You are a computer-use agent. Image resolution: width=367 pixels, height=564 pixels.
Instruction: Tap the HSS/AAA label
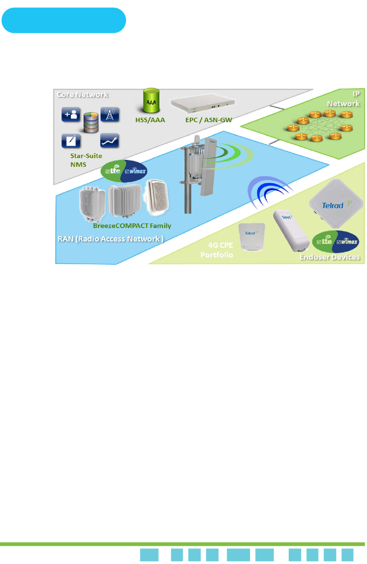[150, 120]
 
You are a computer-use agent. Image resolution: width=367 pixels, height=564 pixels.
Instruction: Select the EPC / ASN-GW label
[209, 120]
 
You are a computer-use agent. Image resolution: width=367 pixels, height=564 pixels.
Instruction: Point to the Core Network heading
[82, 94]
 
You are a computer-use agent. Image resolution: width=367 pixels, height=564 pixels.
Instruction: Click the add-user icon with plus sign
[71, 114]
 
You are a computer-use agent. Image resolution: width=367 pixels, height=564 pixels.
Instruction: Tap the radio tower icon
[110, 114]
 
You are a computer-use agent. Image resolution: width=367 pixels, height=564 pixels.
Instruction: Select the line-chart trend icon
[110, 141]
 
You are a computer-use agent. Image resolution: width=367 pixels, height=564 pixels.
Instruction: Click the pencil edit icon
[71, 141]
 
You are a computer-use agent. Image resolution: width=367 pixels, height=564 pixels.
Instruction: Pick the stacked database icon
[91, 122]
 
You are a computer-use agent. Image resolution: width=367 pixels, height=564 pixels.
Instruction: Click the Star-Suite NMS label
[86, 160]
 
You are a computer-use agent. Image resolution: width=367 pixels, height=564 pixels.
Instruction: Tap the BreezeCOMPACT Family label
[132, 226]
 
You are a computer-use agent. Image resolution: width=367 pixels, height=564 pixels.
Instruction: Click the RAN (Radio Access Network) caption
[110, 239]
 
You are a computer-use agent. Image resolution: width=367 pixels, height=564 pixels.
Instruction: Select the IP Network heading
[344, 99]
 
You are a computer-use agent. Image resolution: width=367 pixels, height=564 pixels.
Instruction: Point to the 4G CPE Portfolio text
[217, 250]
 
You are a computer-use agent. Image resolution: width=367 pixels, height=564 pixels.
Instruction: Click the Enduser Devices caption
[329, 257]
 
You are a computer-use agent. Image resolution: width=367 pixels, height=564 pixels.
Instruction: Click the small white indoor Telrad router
[252, 237]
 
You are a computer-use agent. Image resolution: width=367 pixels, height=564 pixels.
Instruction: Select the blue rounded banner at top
[64, 20]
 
